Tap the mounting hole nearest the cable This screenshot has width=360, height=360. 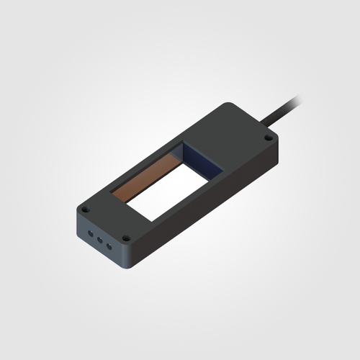click(x=268, y=136)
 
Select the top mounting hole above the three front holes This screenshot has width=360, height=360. click(x=85, y=210)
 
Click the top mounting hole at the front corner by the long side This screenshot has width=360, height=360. click(x=126, y=238)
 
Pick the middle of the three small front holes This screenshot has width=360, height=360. click(x=99, y=239)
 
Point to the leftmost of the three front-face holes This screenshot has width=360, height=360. click(x=89, y=233)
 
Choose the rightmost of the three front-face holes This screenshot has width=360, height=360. click(x=109, y=246)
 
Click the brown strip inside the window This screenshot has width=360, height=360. click(x=147, y=176)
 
